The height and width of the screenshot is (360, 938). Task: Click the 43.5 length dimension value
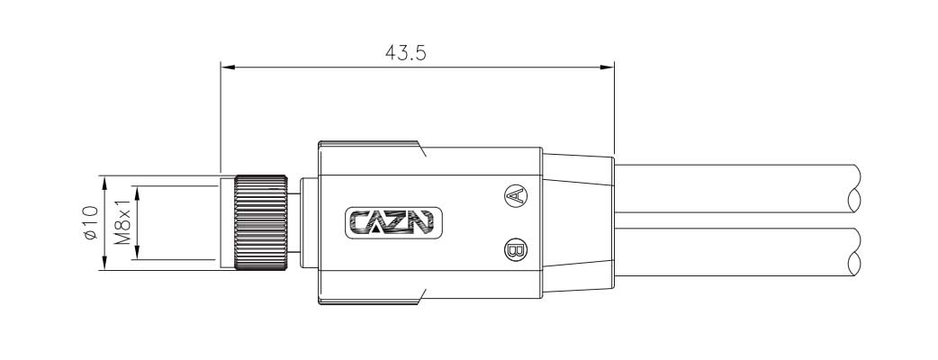tap(406, 53)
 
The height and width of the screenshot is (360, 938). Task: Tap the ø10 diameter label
tap(90, 223)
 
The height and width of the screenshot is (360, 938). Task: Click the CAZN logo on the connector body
tap(394, 222)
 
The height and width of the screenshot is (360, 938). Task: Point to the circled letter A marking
tap(515, 195)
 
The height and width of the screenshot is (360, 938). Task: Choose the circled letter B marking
tap(515, 250)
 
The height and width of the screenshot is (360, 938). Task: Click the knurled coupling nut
tap(261, 222)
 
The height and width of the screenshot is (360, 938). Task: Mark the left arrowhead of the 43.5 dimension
tap(227, 67)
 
